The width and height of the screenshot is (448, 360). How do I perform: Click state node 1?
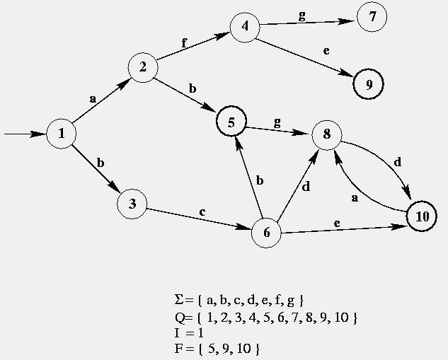[x=62, y=133]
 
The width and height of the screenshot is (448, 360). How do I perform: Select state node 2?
[x=143, y=67]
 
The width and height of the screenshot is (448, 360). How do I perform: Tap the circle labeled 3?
[x=132, y=205]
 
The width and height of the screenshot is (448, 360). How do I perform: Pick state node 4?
[x=245, y=28]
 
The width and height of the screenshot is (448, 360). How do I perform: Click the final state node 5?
[x=231, y=122]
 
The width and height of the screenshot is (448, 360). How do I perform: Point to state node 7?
[x=372, y=18]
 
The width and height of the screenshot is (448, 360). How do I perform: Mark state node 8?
[x=326, y=133]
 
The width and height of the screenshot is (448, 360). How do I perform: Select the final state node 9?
[x=369, y=84]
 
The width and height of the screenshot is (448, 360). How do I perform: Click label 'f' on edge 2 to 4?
[x=185, y=42]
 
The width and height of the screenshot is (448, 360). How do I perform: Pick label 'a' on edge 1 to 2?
[x=93, y=99]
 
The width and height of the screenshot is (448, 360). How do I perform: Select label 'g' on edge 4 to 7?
[x=302, y=16]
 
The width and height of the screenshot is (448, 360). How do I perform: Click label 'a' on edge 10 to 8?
[x=355, y=199]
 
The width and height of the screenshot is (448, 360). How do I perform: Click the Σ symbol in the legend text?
[x=178, y=300]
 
